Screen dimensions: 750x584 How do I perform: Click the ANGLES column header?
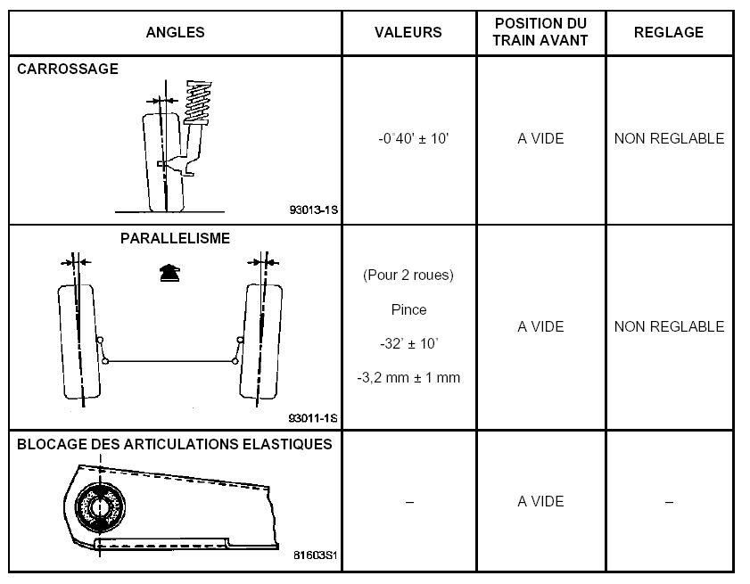coord(175,32)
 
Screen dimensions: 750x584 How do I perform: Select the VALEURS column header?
coord(408,32)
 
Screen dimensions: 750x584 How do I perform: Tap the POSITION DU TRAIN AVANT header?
coord(540,31)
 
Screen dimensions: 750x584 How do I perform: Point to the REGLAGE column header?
coord(669,32)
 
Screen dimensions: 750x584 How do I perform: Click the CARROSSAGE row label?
coord(68,69)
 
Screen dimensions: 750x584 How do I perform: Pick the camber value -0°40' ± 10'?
coord(413,139)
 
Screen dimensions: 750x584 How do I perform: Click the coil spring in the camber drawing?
coord(198,103)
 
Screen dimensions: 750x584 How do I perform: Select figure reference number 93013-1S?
coord(313,210)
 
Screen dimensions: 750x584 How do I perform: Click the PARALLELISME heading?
coord(175,238)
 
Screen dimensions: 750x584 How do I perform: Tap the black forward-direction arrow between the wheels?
coord(169,273)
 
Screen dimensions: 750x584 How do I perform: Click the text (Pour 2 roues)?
coord(408,275)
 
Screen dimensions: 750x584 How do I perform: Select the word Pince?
coord(408,309)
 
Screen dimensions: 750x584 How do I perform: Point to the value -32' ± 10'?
coord(409,343)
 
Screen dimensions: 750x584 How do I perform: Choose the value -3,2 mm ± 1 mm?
coord(408,377)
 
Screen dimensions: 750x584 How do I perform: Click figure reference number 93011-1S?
coord(313,418)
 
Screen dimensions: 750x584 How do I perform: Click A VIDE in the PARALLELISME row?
coord(540,326)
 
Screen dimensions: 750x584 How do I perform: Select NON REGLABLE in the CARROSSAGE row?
coord(669,139)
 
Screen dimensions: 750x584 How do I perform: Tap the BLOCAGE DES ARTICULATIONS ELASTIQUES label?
coord(175,444)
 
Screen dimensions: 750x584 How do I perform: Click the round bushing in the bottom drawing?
coord(101,507)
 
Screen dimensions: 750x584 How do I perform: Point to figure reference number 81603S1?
coord(315,555)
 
